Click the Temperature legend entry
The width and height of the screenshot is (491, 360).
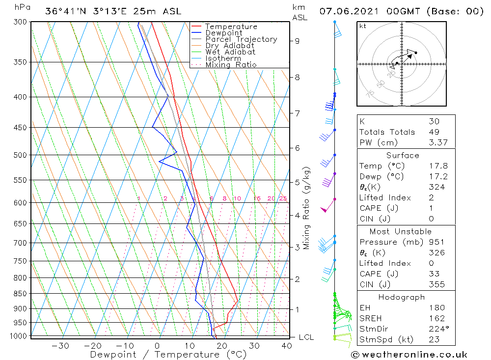[x=231, y=27]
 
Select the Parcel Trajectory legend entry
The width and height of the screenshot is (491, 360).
[x=241, y=39]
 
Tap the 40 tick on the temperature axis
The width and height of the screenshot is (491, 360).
[x=287, y=346]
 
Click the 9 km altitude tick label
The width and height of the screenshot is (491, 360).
[x=298, y=41]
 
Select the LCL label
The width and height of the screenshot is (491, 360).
[x=306, y=337]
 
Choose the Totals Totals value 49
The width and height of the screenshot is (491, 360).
[x=434, y=132]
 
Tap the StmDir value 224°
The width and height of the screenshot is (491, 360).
[x=437, y=329]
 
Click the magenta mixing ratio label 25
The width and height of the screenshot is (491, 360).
[x=283, y=198]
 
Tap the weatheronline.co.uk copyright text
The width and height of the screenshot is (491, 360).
[x=409, y=355]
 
